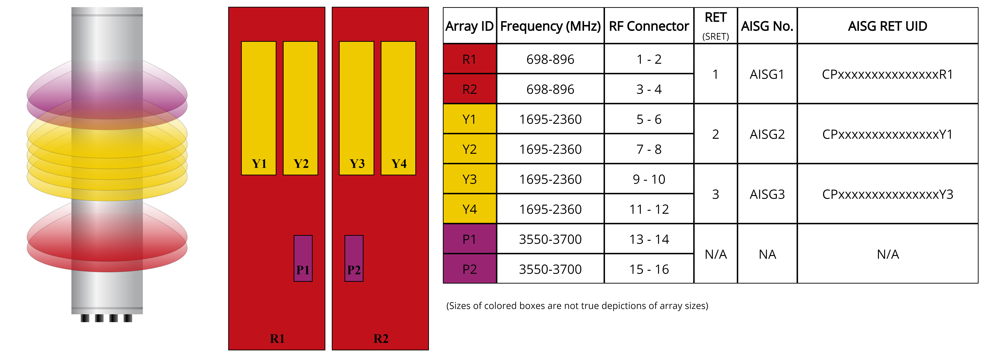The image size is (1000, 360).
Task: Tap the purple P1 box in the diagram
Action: click(303, 258)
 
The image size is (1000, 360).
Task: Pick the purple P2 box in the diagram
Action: click(354, 258)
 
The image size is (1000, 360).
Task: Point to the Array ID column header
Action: click(469, 26)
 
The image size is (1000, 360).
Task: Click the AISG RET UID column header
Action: click(887, 26)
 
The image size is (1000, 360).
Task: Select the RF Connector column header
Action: click(649, 26)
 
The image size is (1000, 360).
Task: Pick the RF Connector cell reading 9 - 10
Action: click(649, 179)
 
